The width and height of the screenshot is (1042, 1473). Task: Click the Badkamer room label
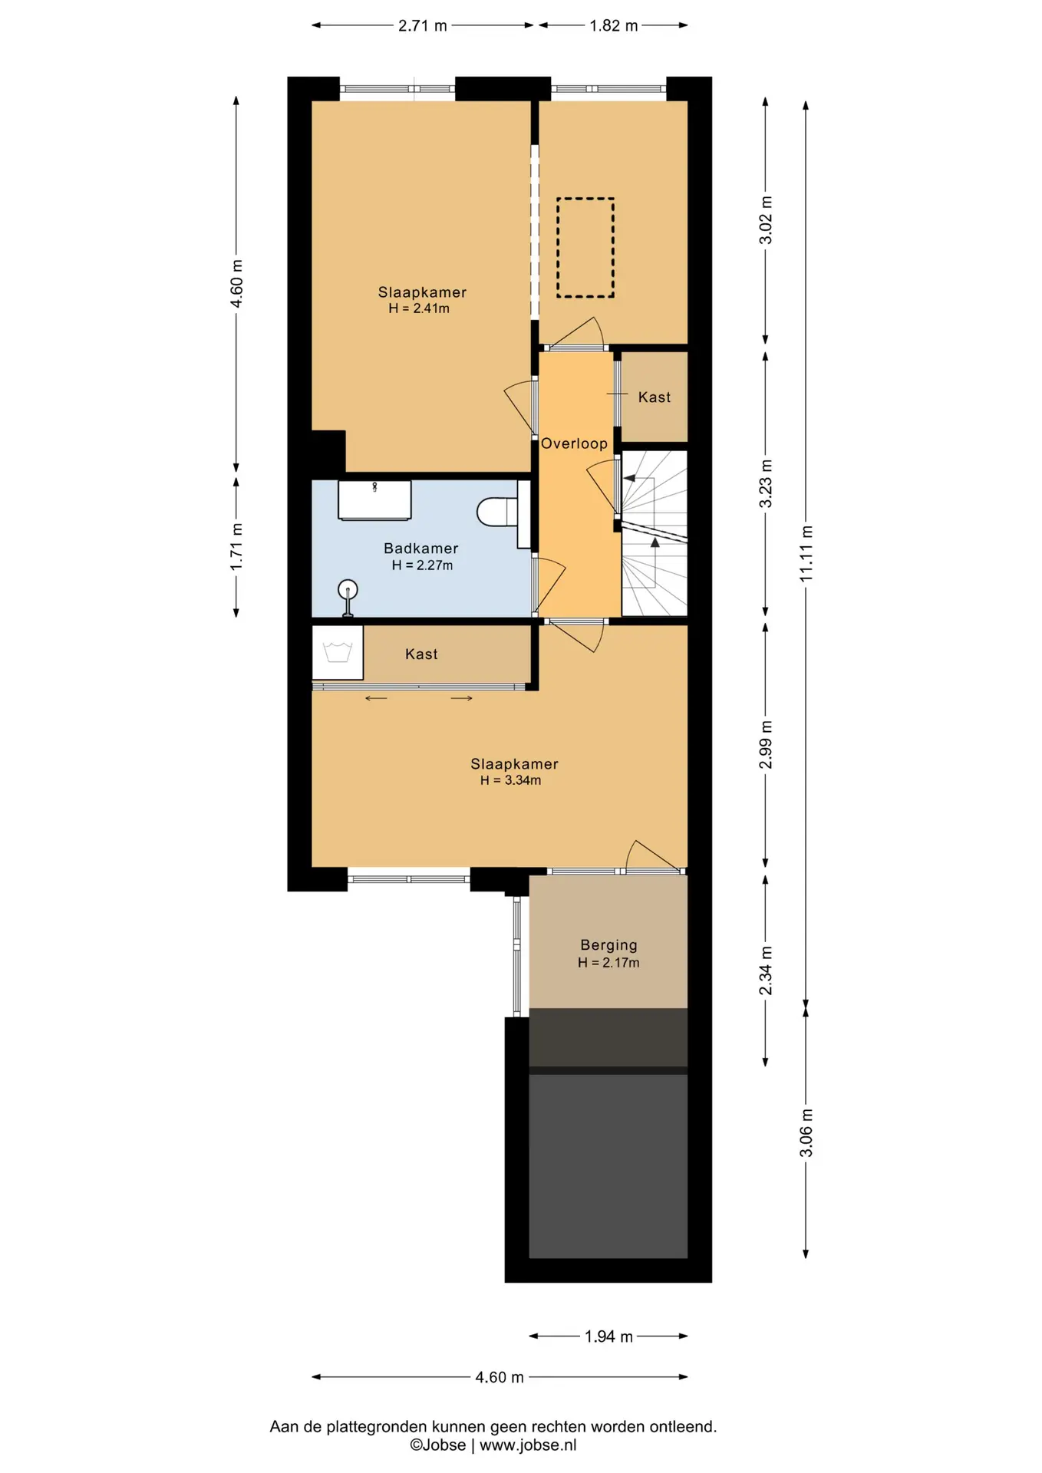(420, 549)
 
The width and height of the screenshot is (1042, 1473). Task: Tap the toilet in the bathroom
(498, 512)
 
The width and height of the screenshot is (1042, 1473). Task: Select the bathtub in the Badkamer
(374, 499)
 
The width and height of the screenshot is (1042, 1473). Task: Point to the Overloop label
(574, 443)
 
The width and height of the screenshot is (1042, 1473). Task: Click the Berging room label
(608, 945)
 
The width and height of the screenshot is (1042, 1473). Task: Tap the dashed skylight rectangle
(585, 248)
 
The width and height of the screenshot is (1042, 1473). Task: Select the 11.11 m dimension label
(806, 553)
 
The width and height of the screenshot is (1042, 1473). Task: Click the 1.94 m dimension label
(608, 1336)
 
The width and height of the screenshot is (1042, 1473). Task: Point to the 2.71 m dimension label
(422, 25)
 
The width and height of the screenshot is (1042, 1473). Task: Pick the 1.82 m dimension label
(613, 25)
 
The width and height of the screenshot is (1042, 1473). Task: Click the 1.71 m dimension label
(236, 546)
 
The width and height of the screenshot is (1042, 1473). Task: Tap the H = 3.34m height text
(510, 780)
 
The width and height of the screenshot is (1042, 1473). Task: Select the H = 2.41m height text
(419, 308)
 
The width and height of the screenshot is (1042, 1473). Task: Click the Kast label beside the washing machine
(421, 654)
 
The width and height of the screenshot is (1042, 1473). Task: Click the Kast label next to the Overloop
(655, 397)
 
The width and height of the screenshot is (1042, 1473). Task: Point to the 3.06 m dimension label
(806, 1132)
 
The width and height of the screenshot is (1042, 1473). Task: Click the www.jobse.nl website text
(528, 1445)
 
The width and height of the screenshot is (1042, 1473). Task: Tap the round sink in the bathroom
(348, 589)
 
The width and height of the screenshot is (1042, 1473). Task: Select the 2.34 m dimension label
(765, 970)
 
